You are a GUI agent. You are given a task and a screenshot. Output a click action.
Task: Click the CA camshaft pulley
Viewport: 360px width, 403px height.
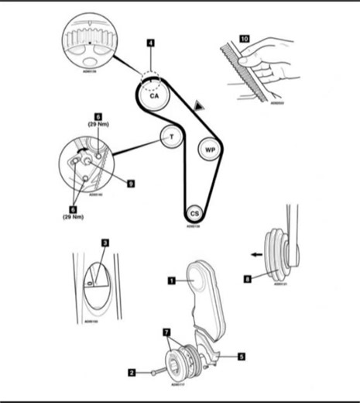(x=154, y=96)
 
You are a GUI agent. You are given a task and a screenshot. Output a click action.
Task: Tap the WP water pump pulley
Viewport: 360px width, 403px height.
(x=209, y=149)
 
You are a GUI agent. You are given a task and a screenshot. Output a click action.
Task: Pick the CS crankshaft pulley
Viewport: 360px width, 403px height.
(x=195, y=212)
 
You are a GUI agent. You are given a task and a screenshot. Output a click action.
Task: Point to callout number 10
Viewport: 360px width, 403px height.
(x=245, y=36)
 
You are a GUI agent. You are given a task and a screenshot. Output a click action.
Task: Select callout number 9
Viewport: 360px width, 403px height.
(x=131, y=184)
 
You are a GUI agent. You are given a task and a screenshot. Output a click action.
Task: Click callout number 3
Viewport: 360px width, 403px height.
(x=106, y=243)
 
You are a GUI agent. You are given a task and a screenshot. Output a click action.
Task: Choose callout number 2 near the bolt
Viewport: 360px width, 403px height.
(x=132, y=373)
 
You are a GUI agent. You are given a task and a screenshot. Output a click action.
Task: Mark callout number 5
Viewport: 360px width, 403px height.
(x=241, y=357)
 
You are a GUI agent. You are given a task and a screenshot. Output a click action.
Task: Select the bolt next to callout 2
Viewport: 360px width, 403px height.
(x=157, y=372)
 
